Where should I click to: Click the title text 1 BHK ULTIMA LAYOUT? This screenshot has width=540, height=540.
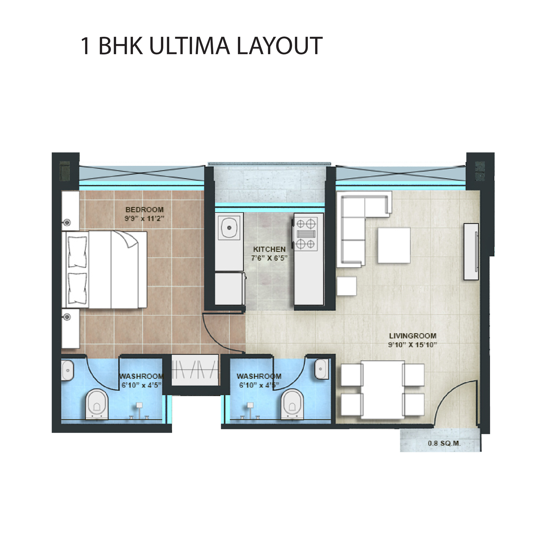[x=202, y=46]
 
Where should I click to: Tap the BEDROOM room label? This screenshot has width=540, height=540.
[x=145, y=210]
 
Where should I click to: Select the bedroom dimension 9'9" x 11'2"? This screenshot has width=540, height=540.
[x=144, y=219]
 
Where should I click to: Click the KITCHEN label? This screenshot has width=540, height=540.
[x=269, y=249]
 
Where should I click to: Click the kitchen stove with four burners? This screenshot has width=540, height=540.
[x=306, y=234]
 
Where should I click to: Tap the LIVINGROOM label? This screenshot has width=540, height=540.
[x=413, y=336]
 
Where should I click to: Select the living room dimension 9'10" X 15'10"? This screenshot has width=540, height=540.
[x=413, y=345]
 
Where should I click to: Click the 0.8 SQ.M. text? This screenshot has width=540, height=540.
[x=444, y=443]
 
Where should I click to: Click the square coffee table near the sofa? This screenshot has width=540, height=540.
[x=394, y=245]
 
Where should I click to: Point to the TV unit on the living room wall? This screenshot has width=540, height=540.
[x=471, y=252]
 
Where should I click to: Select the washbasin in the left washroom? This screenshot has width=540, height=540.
[x=67, y=370]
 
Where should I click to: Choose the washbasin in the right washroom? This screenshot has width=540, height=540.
[x=322, y=369]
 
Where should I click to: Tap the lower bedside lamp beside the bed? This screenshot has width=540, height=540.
[x=67, y=317]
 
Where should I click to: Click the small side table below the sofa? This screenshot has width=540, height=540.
[x=347, y=286]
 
